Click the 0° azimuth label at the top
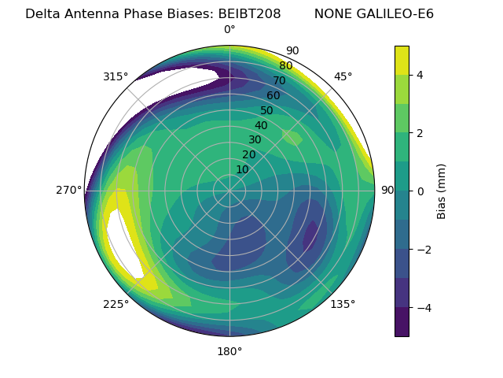(x=229, y=30)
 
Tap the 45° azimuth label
(x=343, y=76)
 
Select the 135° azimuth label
(x=343, y=304)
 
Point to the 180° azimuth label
(x=229, y=351)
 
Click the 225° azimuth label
(x=116, y=304)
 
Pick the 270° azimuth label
(x=68, y=190)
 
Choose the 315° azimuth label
(x=116, y=76)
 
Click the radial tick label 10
(x=242, y=169)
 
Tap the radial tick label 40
(x=261, y=125)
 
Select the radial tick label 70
(x=279, y=81)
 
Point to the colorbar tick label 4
(x=419, y=75)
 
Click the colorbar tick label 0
(x=419, y=191)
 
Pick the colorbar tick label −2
(x=422, y=249)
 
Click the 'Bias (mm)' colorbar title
(x=442, y=191)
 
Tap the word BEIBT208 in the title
(x=249, y=14)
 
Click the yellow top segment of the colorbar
(x=402, y=60)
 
